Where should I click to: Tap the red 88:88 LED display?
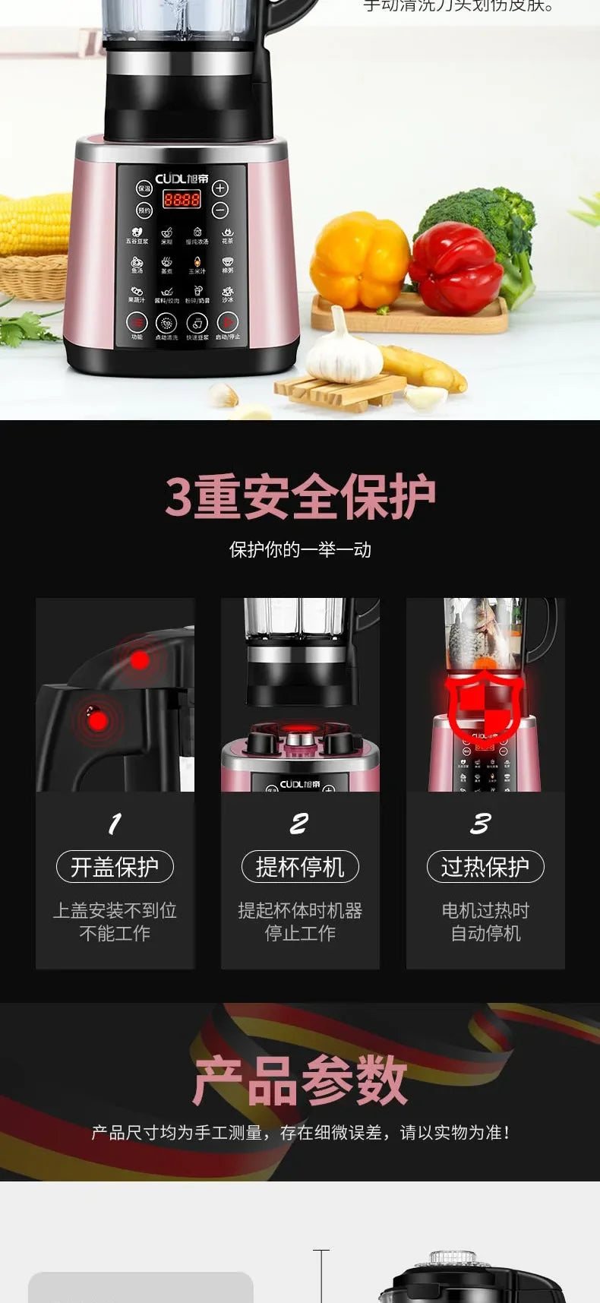pos(182,199)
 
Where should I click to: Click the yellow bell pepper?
pos(359,260)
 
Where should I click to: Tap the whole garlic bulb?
pos(343,353)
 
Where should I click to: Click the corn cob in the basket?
pos(34,225)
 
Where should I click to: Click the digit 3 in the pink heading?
pos(178,497)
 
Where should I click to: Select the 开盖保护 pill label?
pos(115,867)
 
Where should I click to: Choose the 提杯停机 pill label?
pos(300,867)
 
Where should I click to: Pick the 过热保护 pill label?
pos(485,867)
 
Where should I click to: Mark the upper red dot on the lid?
pos(139,659)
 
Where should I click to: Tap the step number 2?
pos(299,824)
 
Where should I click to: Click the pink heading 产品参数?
pos(300,1080)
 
